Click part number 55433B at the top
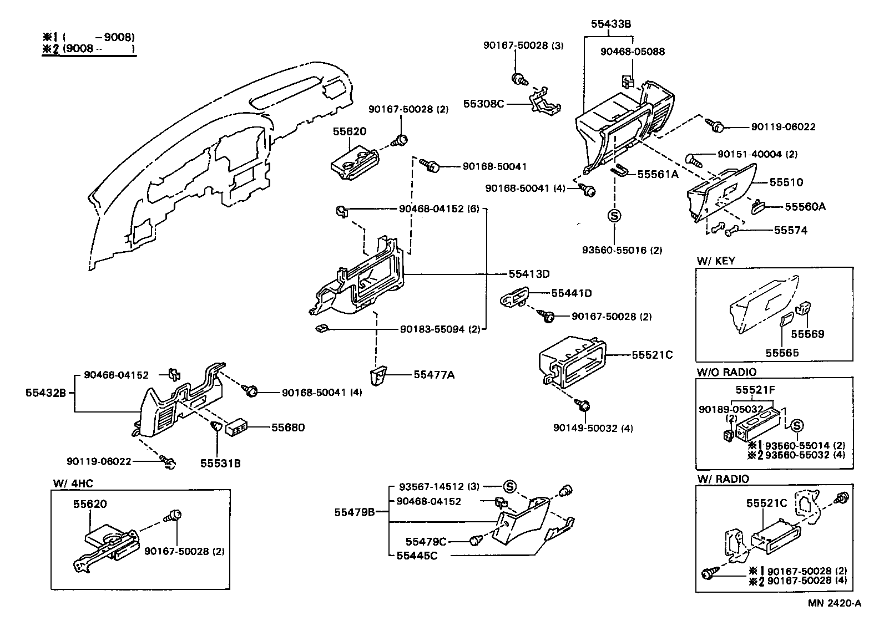click(x=610, y=24)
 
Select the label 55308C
click(x=484, y=104)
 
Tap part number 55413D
click(x=529, y=274)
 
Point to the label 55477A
click(x=434, y=375)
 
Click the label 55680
click(x=287, y=427)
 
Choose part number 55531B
click(x=220, y=463)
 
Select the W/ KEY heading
click(x=715, y=261)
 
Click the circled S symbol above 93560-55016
click(x=614, y=216)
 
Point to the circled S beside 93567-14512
click(x=509, y=486)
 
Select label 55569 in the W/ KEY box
click(x=807, y=334)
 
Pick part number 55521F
click(x=755, y=390)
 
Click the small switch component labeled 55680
click(x=236, y=428)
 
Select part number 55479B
click(x=355, y=512)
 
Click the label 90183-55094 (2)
click(x=439, y=329)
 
